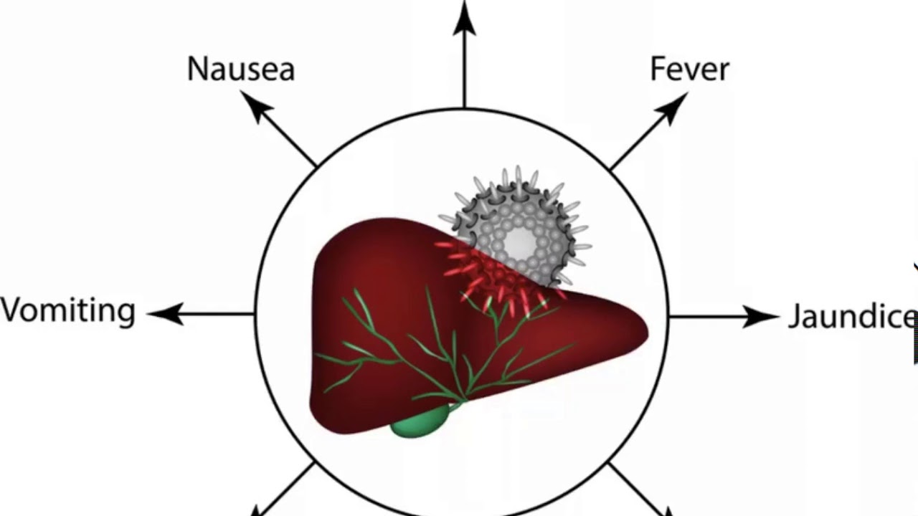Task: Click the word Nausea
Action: [240, 70]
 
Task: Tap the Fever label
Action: [689, 69]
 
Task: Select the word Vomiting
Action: [67, 312]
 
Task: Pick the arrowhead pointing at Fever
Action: [673, 105]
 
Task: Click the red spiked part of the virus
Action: [495, 276]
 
